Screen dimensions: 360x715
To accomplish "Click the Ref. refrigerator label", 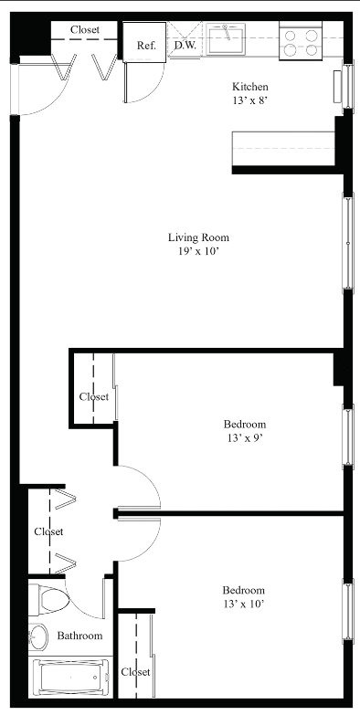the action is (146, 46).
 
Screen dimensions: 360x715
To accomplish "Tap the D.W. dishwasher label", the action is (185, 45).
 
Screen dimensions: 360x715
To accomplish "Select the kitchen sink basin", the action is (226, 38).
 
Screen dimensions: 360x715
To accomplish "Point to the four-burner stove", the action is (299, 42).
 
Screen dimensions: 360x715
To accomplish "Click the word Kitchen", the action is (250, 86).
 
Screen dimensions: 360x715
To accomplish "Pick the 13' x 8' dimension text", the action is (249, 100).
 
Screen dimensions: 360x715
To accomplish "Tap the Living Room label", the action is (198, 237).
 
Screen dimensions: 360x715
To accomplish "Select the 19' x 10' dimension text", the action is (200, 252).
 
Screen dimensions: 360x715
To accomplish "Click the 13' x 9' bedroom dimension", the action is (245, 438).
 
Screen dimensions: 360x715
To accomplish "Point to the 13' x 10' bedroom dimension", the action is (244, 605).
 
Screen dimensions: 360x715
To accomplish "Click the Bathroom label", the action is (79, 636).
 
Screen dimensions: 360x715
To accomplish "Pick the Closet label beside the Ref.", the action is (85, 30).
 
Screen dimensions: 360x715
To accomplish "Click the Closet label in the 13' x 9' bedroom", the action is (94, 396).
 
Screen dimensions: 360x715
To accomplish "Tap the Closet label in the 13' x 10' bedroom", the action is (135, 672).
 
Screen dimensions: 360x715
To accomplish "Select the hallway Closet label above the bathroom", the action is (48, 531).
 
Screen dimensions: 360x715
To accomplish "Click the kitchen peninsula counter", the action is (284, 149).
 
